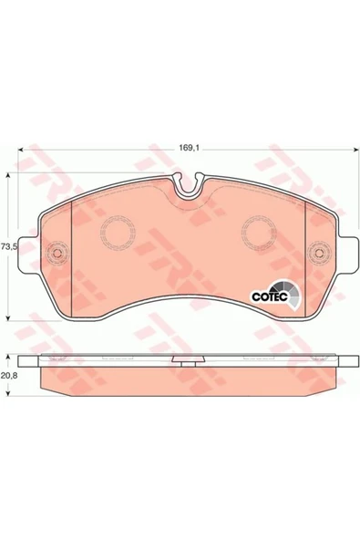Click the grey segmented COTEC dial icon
point(288,293)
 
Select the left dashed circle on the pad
point(118,233)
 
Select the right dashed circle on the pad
point(259,233)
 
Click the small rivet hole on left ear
point(57,254)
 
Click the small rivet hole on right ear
point(319,254)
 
